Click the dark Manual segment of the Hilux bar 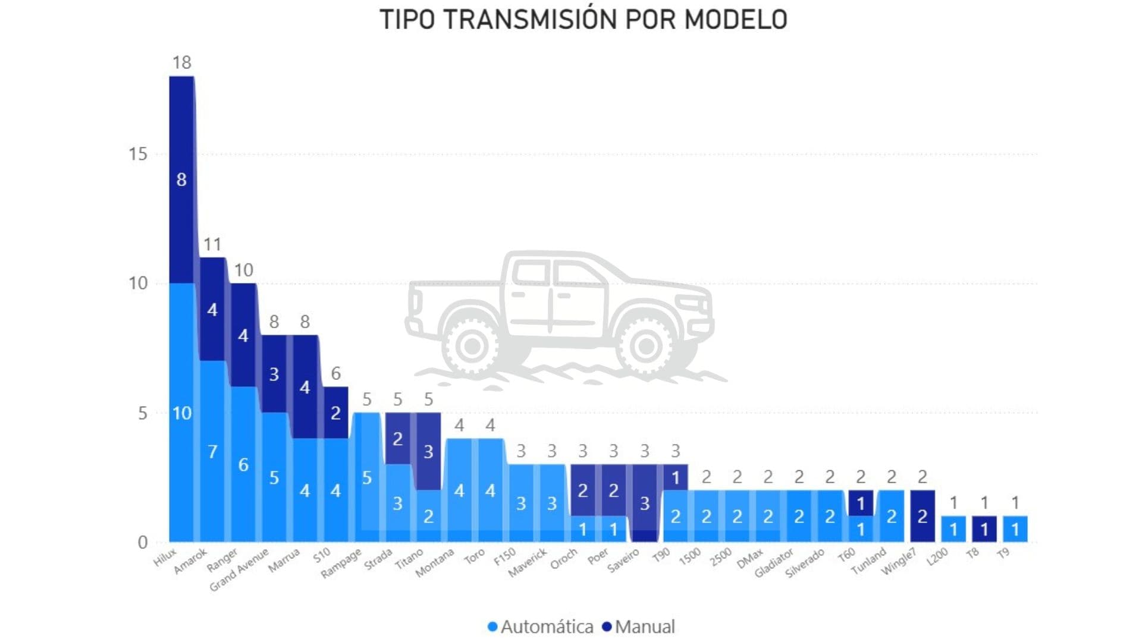pyautogui.click(x=181, y=178)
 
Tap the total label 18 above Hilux pyautogui.click(x=181, y=62)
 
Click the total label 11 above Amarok pyautogui.click(x=212, y=244)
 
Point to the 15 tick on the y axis pyautogui.click(x=137, y=155)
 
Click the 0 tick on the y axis pyautogui.click(x=143, y=542)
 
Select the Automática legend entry pyautogui.click(x=541, y=627)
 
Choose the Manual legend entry pyautogui.click(x=639, y=627)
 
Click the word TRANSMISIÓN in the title pyautogui.click(x=531, y=20)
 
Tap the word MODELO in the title pyautogui.click(x=736, y=20)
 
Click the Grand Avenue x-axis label pyautogui.click(x=239, y=570)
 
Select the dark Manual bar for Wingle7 pyautogui.click(x=922, y=516)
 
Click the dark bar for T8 pyautogui.click(x=984, y=528)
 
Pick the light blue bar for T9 pyautogui.click(x=1015, y=528)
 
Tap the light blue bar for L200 pyautogui.click(x=953, y=528)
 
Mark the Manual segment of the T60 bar pyautogui.click(x=860, y=503)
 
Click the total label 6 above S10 pyautogui.click(x=335, y=373)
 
